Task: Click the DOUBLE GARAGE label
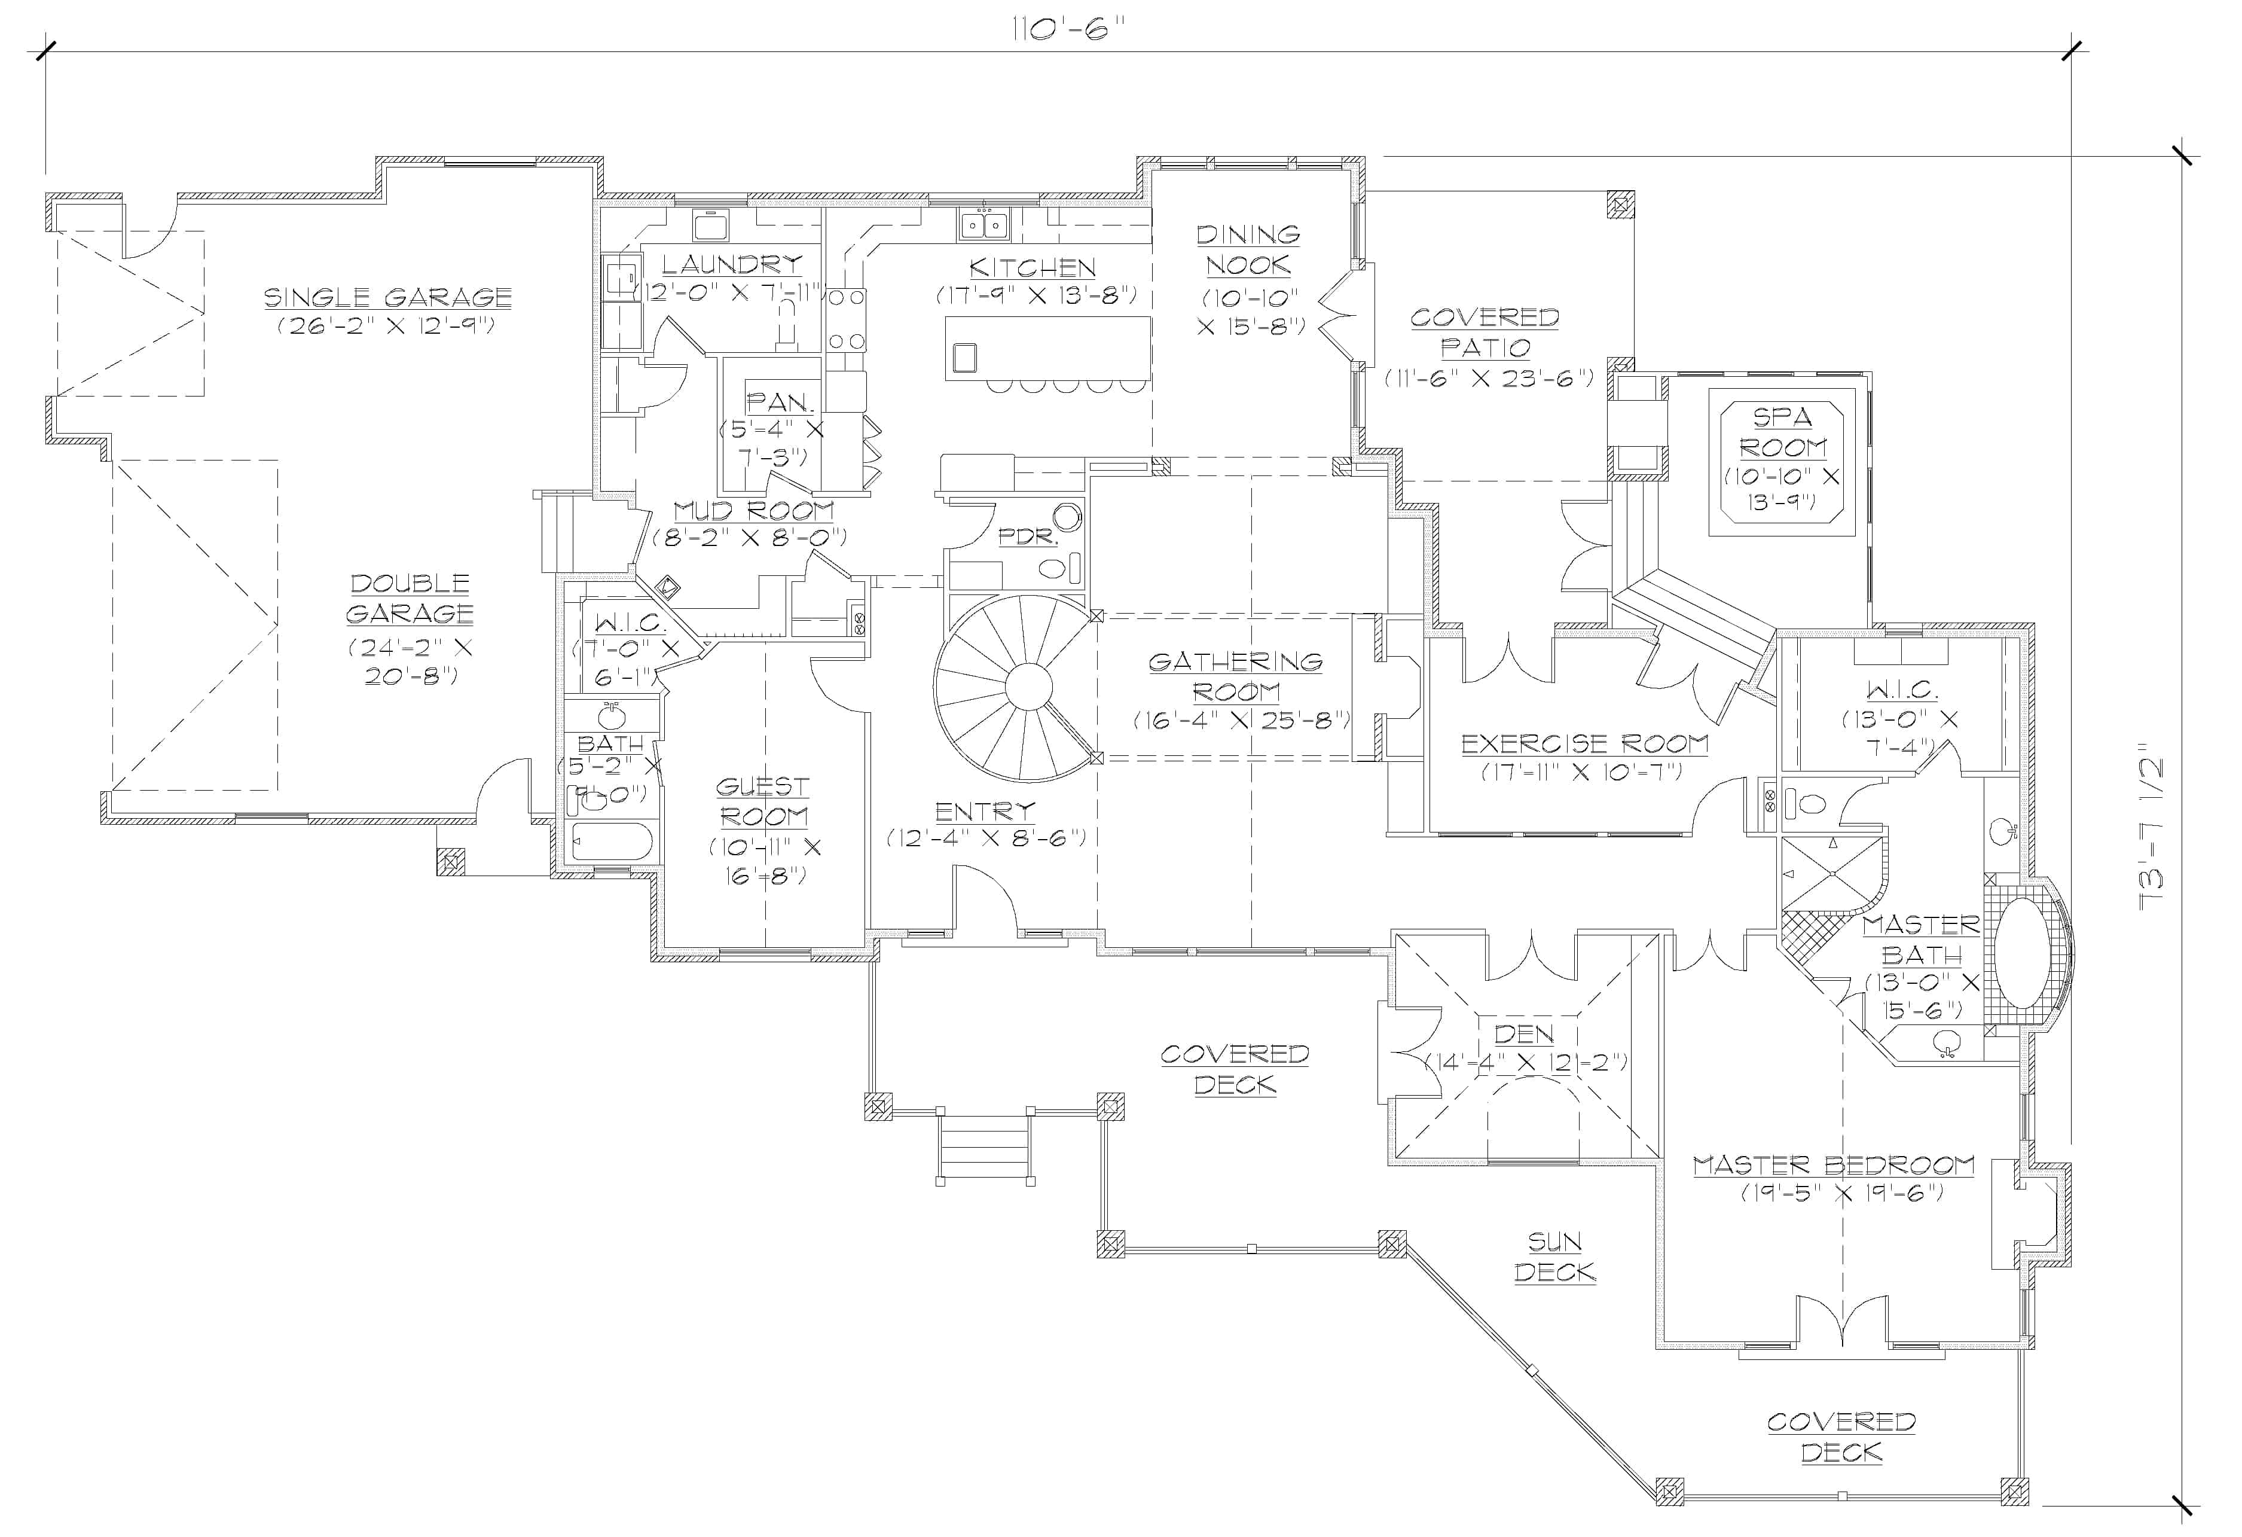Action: tap(410, 598)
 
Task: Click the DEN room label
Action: tap(1524, 1034)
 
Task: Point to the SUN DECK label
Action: tap(1555, 1257)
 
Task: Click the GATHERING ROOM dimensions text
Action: tap(1242, 720)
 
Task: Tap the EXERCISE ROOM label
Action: tap(1584, 744)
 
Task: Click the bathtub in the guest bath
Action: tap(612, 841)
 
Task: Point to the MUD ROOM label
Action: tap(753, 510)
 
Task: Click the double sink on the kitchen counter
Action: tap(983, 226)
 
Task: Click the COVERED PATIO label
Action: tap(1485, 332)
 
